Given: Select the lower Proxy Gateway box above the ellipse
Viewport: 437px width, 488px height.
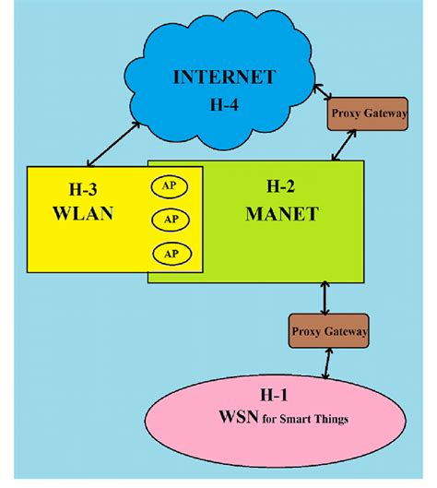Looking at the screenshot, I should click(329, 329).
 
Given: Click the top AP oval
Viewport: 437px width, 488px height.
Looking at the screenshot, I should click(170, 186).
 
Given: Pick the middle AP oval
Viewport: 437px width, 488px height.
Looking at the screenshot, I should click(170, 220).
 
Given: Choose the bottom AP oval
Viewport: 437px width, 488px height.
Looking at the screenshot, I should click(170, 253).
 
